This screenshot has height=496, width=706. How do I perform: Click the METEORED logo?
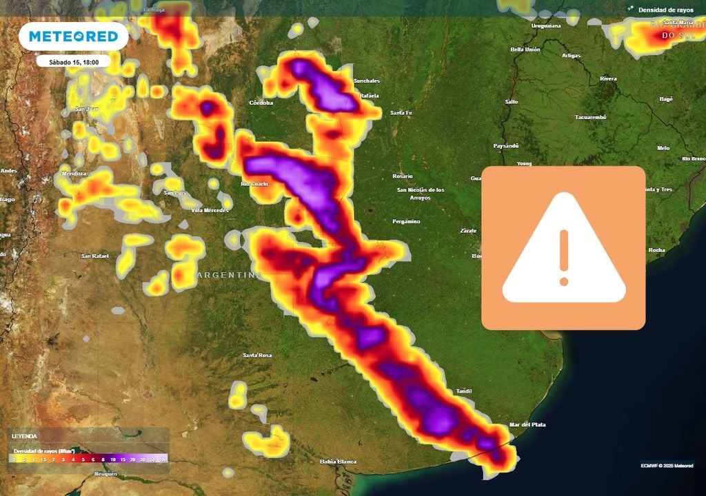coord(73,36)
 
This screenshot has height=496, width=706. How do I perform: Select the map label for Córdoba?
coord(261,103)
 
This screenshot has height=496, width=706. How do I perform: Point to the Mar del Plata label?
coord(527,425)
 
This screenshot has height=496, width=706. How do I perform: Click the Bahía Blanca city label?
coord(339,462)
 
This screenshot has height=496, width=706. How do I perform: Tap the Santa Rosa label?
coord(258,355)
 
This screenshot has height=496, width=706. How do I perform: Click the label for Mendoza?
coord(74,174)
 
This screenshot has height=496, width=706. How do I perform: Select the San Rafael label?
coord(95,256)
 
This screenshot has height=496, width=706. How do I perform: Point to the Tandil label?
coord(464,391)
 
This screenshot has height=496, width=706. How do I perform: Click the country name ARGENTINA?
coord(230,275)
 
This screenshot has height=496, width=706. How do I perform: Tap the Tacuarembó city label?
coord(591,117)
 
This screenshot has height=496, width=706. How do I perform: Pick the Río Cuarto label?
coord(255,184)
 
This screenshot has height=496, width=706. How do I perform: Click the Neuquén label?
coord(105,475)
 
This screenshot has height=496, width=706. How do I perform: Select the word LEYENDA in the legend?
coord(27,437)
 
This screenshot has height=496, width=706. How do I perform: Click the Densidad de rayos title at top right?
coord(665,10)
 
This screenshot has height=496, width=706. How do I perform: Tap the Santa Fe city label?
coord(401,113)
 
